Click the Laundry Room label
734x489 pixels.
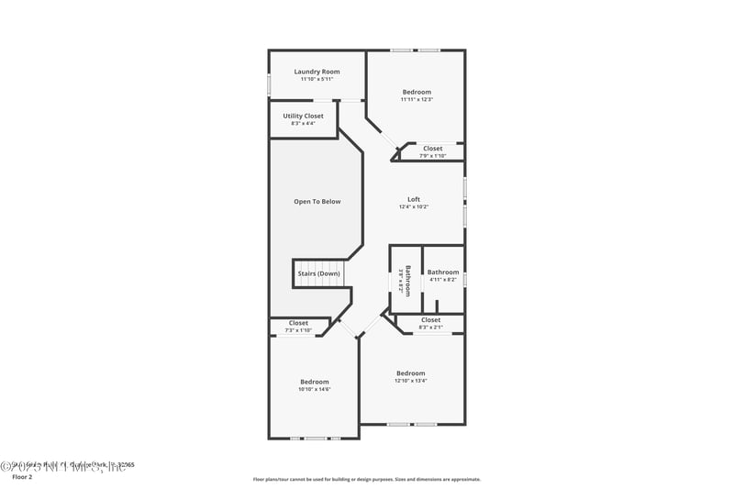(317, 72)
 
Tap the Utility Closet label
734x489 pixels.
(303, 117)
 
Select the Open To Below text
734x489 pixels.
(317, 201)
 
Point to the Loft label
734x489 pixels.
(414, 199)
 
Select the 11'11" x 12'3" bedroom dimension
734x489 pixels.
(417, 99)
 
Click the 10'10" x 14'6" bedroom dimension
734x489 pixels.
(314, 389)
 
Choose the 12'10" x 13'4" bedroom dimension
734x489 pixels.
(410, 381)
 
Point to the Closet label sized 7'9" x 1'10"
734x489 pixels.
(432, 148)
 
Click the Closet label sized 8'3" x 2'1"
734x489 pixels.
(430, 320)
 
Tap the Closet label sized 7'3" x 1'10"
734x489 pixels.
(298, 323)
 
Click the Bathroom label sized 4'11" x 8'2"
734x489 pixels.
(442, 272)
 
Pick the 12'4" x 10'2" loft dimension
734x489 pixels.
(414, 207)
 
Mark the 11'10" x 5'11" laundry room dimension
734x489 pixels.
(317, 79)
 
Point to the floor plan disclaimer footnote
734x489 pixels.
(366, 479)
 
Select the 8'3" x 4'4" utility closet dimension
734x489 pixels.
(303, 124)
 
